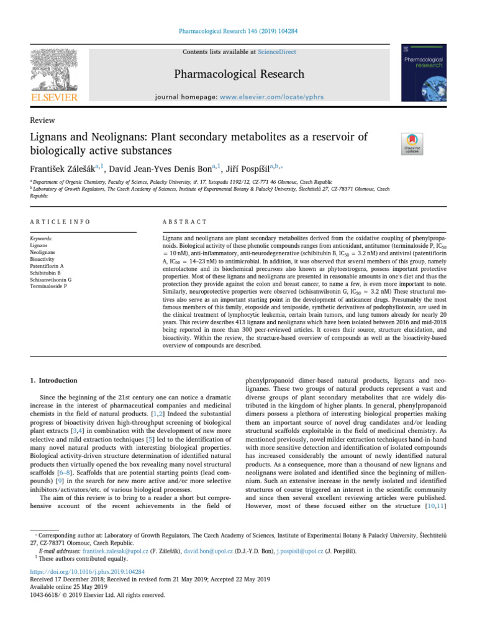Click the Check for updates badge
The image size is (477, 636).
(x=413, y=143)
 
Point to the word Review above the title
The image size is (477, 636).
(x=42, y=120)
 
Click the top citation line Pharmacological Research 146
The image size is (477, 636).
(x=238, y=29)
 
